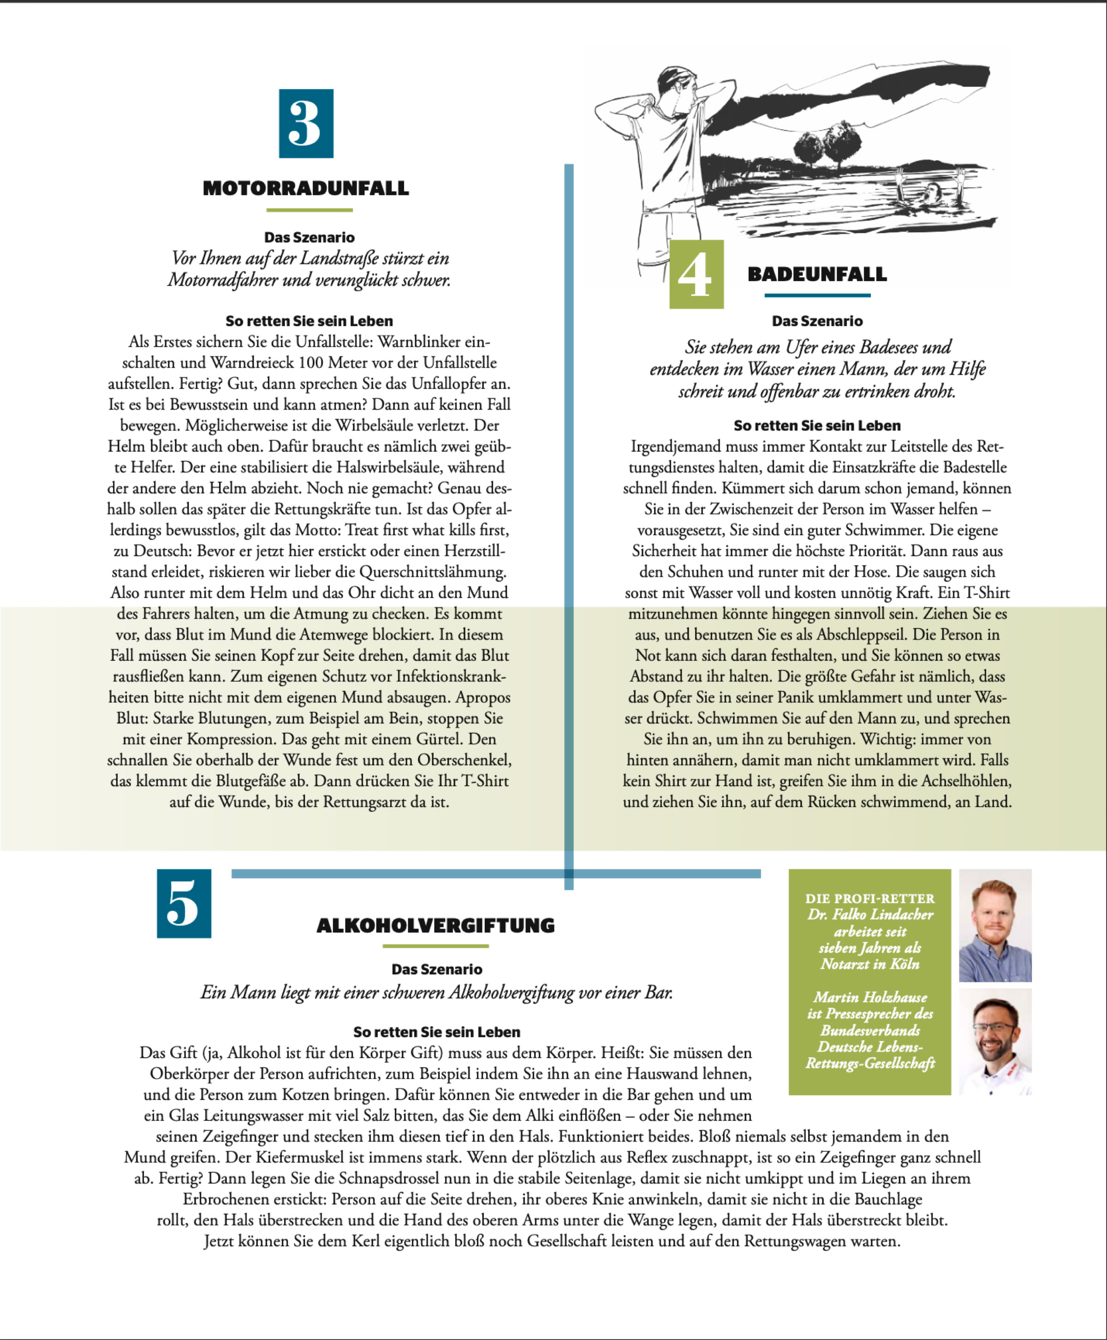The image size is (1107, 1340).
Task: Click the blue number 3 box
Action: coord(306,123)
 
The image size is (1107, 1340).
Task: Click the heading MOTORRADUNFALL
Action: coord(306,188)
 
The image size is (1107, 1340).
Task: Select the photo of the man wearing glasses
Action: coord(995,1041)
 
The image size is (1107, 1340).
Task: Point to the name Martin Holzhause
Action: coord(870,997)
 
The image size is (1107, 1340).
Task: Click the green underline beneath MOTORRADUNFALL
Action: coord(309,210)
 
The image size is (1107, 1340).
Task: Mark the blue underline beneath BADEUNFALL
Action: coord(817,295)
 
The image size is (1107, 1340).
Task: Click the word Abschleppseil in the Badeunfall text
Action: coord(858,634)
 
